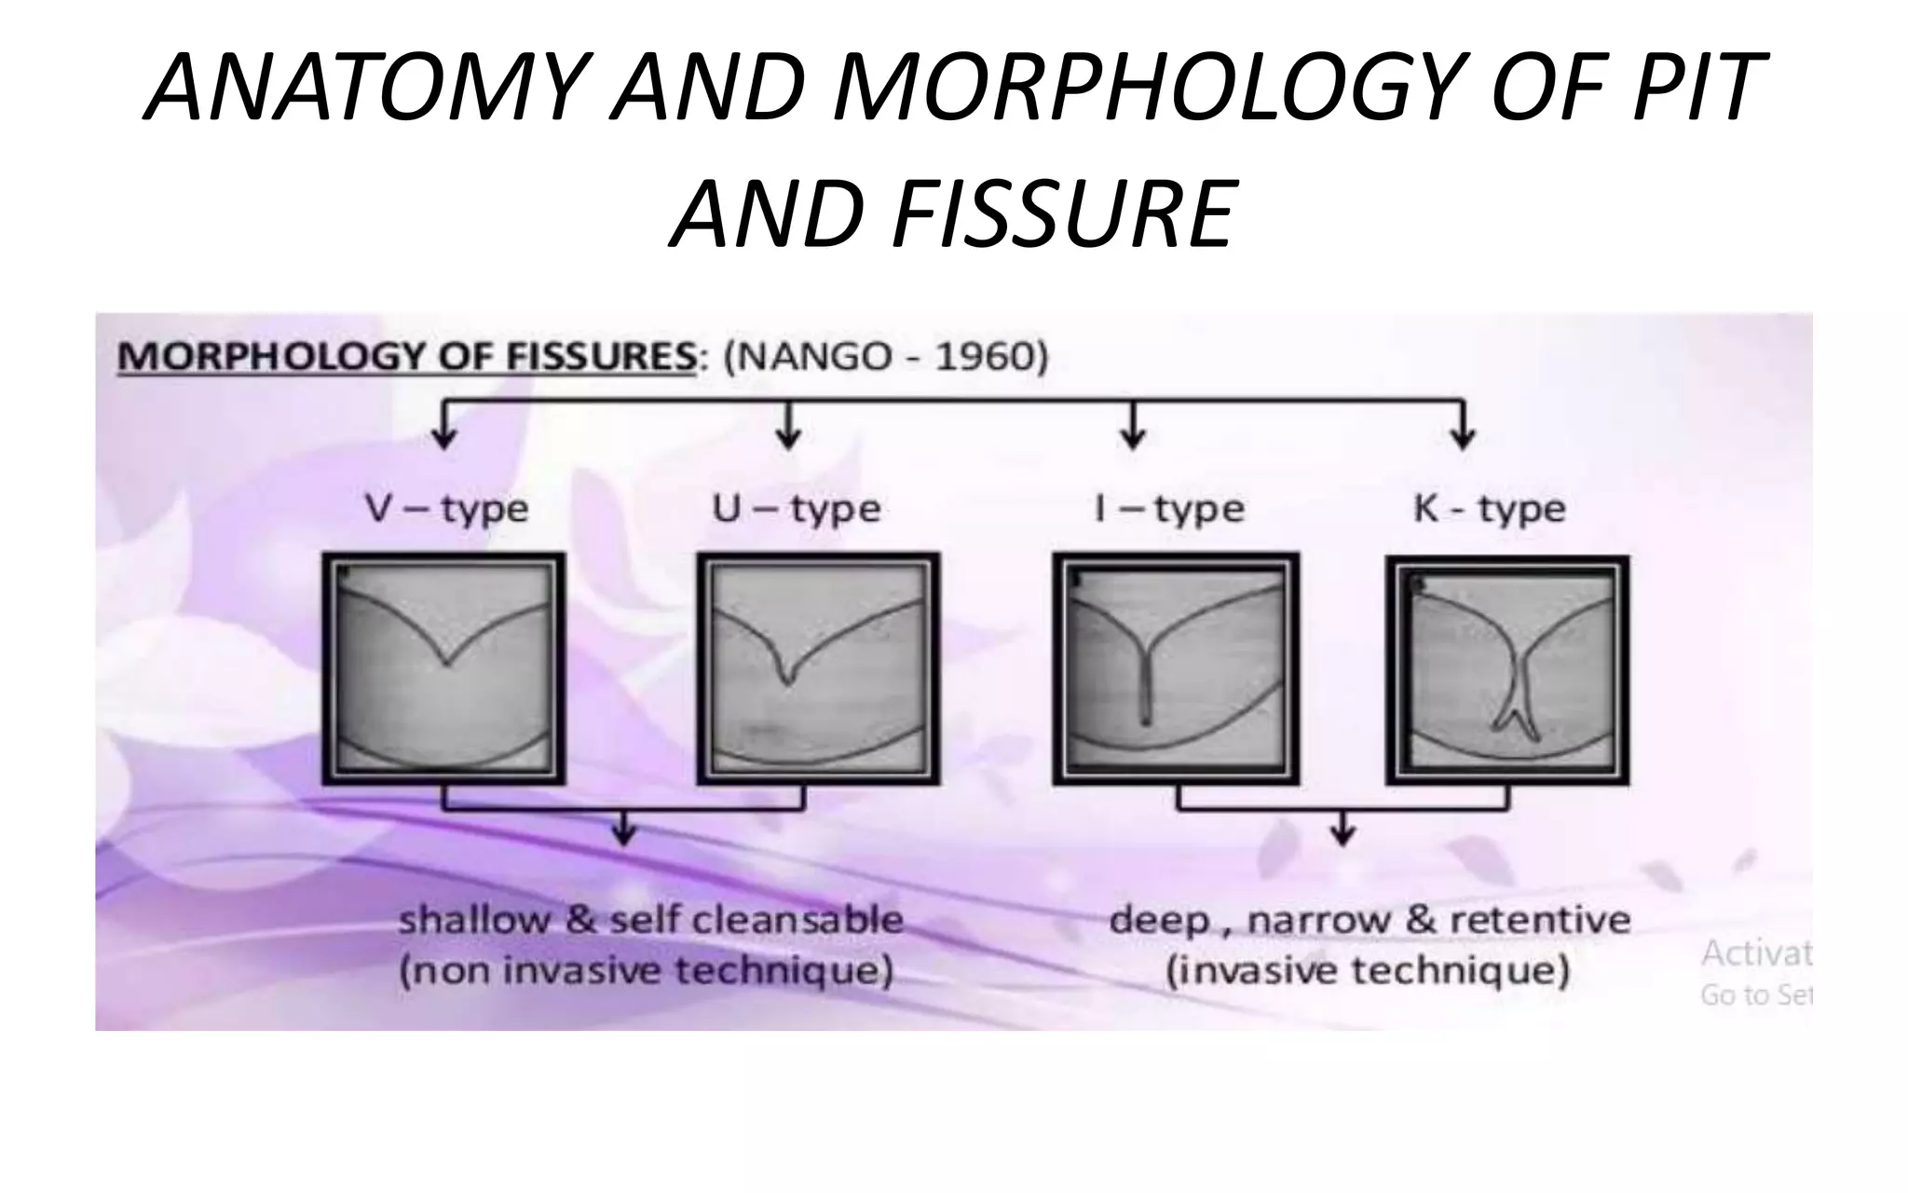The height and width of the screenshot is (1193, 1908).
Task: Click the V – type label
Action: point(446,509)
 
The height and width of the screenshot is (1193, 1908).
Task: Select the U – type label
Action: point(797,509)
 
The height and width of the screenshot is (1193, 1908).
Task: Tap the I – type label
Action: point(1169,509)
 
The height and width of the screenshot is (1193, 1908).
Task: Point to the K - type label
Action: point(1489,509)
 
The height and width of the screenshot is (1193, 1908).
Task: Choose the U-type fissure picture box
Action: point(819,668)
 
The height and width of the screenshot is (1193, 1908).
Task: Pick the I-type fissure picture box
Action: point(1176,668)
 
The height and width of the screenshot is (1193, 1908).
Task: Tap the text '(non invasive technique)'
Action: point(647,971)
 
